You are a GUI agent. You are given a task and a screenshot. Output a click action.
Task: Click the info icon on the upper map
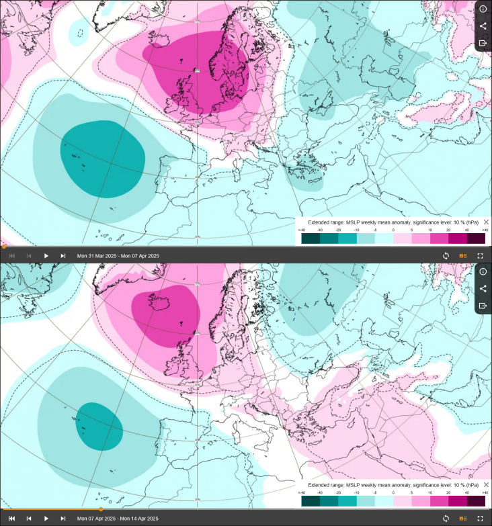point(483,9)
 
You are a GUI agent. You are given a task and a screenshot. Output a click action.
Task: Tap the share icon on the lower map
point(483,288)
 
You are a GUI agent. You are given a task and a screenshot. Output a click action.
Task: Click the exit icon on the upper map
point(483,43)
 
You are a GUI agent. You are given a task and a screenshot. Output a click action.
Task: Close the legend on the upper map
point(486,222)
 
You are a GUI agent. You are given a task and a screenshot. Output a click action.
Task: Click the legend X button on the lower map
point(486,484)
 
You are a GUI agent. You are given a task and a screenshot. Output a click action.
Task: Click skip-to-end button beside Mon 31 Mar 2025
point(63,256)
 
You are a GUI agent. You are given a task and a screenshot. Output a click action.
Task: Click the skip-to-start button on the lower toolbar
point(11,519)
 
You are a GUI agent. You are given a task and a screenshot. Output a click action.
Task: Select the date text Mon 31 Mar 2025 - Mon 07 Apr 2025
point(118,256)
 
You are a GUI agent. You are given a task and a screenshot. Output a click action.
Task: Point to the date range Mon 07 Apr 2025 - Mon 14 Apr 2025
point(118,519)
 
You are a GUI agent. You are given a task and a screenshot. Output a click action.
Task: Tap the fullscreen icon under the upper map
point(480,256)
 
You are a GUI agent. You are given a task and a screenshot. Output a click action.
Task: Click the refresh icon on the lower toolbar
point(445,519)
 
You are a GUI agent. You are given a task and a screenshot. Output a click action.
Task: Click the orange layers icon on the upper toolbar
point(462,256)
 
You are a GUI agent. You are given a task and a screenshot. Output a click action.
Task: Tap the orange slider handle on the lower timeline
point(101,509)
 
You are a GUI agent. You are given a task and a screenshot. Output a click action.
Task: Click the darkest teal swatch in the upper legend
point(311,238)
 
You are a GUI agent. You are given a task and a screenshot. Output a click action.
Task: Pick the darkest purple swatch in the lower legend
point(476,500)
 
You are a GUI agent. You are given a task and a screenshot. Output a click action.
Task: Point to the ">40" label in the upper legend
point(484,230)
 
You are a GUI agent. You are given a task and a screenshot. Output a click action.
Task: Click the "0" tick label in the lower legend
point(393,492)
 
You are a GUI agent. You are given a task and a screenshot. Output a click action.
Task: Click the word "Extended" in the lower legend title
point(319,484)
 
